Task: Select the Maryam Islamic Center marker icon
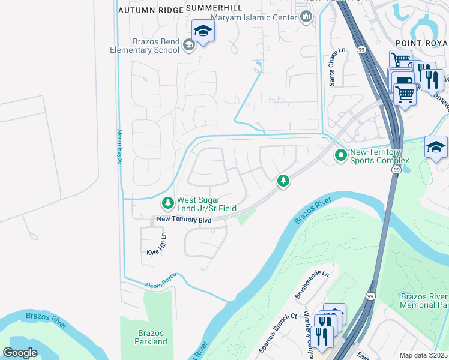307,17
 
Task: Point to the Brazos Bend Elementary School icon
189,45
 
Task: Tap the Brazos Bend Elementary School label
145,46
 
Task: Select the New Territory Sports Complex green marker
341,156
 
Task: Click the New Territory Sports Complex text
379,157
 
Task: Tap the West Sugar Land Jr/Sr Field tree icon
167,204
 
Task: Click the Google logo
20,353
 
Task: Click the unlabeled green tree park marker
283,181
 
